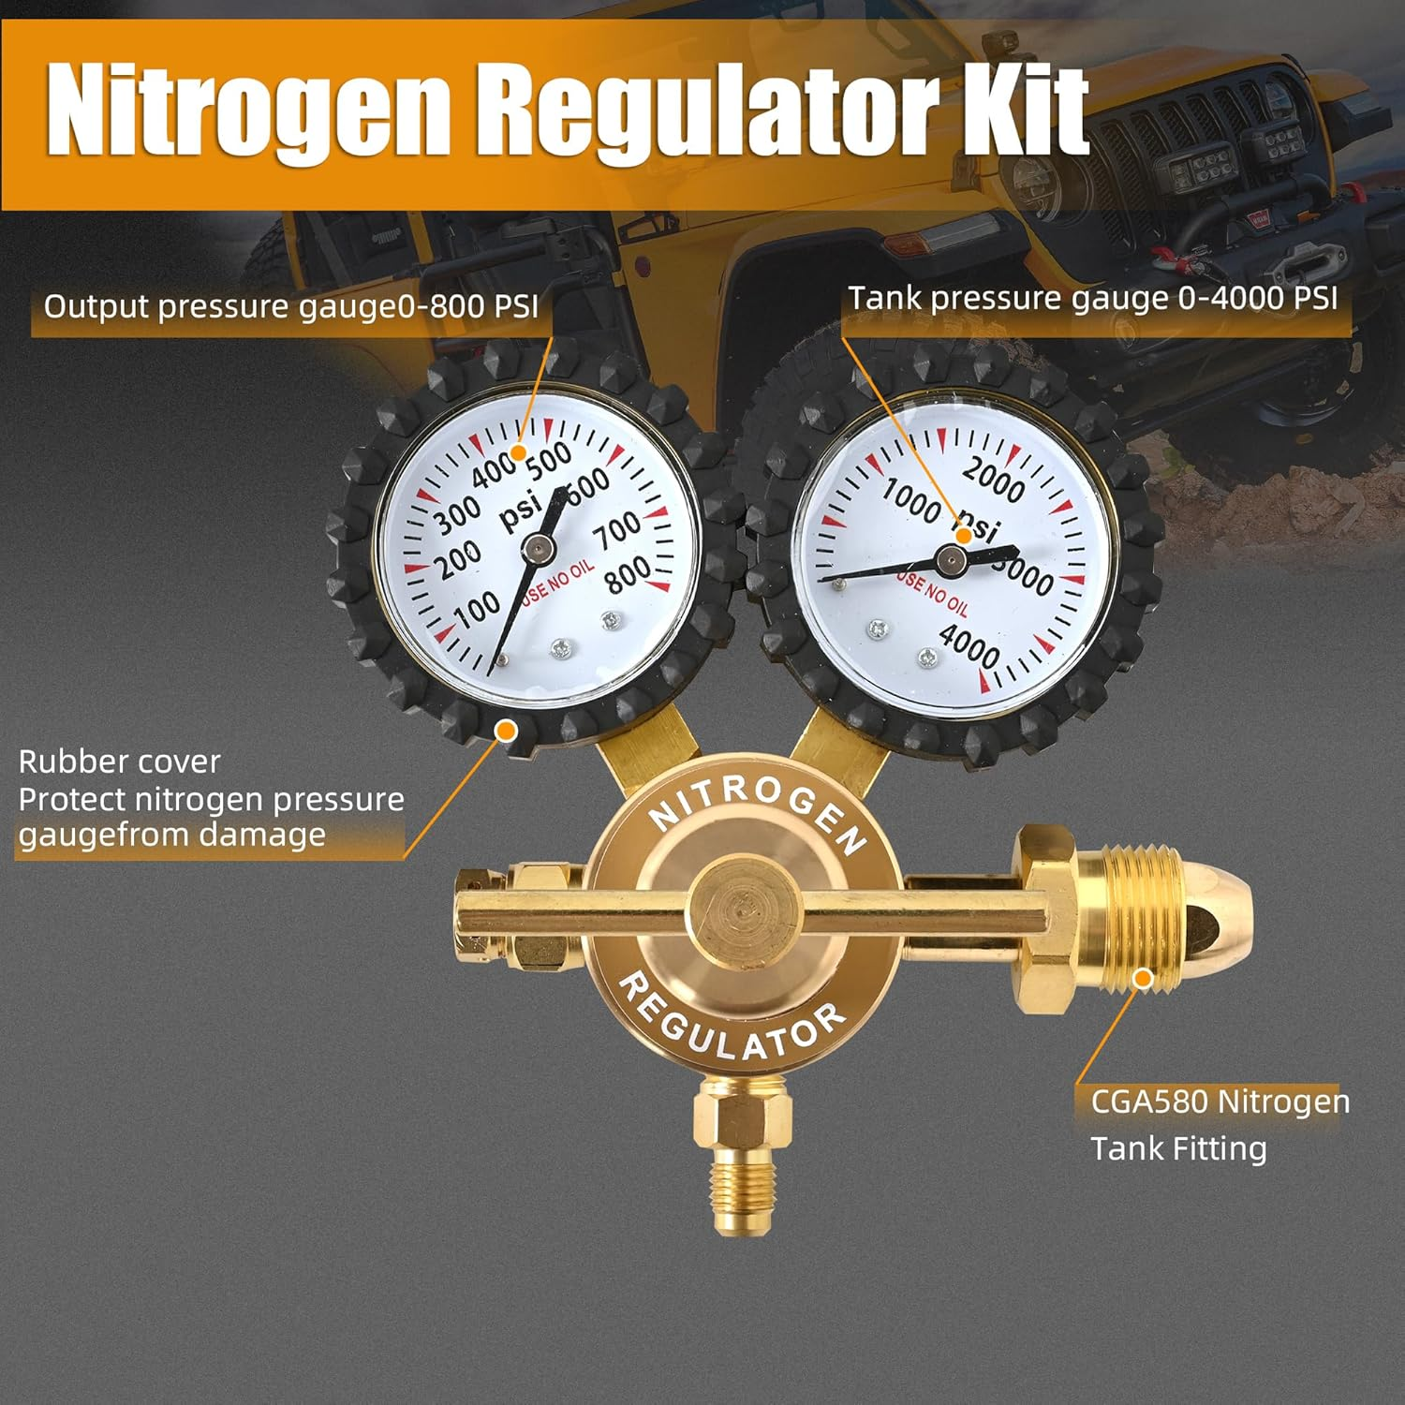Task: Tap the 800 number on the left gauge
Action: coord(626,573)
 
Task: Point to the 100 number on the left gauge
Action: coord(477,610)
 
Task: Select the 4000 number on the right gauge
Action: coord(969,645)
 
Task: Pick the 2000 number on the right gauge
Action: coord(994,478)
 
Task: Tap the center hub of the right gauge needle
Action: coord(951,560)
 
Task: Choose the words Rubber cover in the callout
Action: coord(119,762)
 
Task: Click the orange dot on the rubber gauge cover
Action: coord(507,729)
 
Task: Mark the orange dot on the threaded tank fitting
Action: coord(1142,979)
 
